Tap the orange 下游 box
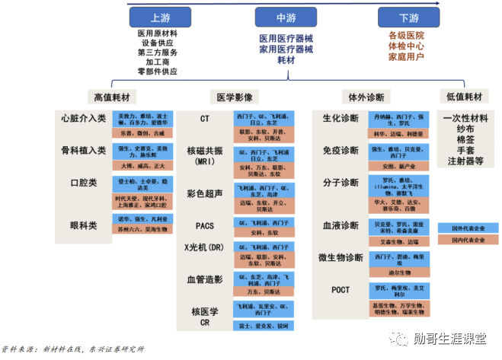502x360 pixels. coord(409,18)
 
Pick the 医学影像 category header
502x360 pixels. coord(236,97)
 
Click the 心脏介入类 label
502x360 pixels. coord(84,119)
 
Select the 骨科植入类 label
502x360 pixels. coord(84,151)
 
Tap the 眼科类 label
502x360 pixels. coord(84,225)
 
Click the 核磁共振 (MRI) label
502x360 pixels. coord(205,157)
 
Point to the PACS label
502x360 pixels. coord(205,226)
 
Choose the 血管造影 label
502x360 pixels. coord(205,279)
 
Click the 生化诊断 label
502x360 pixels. coord(340,119)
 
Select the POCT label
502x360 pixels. coord(341,290)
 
